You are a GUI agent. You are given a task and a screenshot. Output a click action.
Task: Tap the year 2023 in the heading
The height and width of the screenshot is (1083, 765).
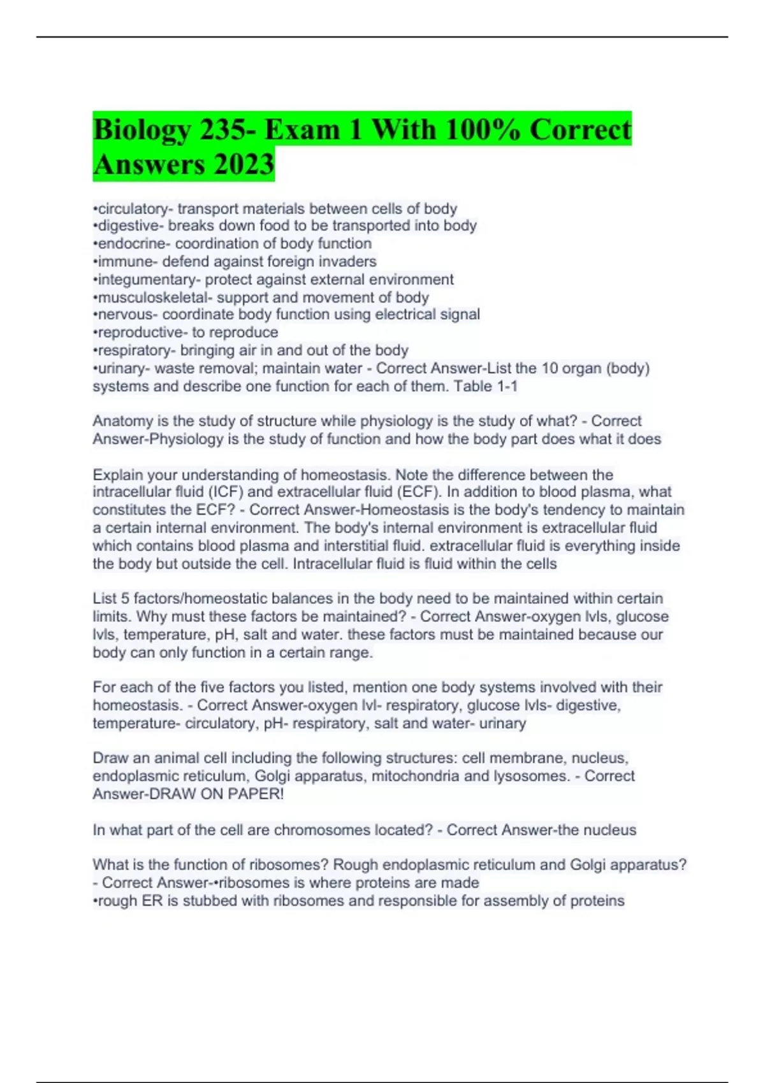[x=244, y=164]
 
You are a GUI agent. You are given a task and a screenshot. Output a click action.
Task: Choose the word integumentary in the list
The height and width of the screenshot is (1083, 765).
[x=147, y=279]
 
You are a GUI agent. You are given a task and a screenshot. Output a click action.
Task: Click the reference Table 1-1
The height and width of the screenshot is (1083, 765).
[x=485, y=386]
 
